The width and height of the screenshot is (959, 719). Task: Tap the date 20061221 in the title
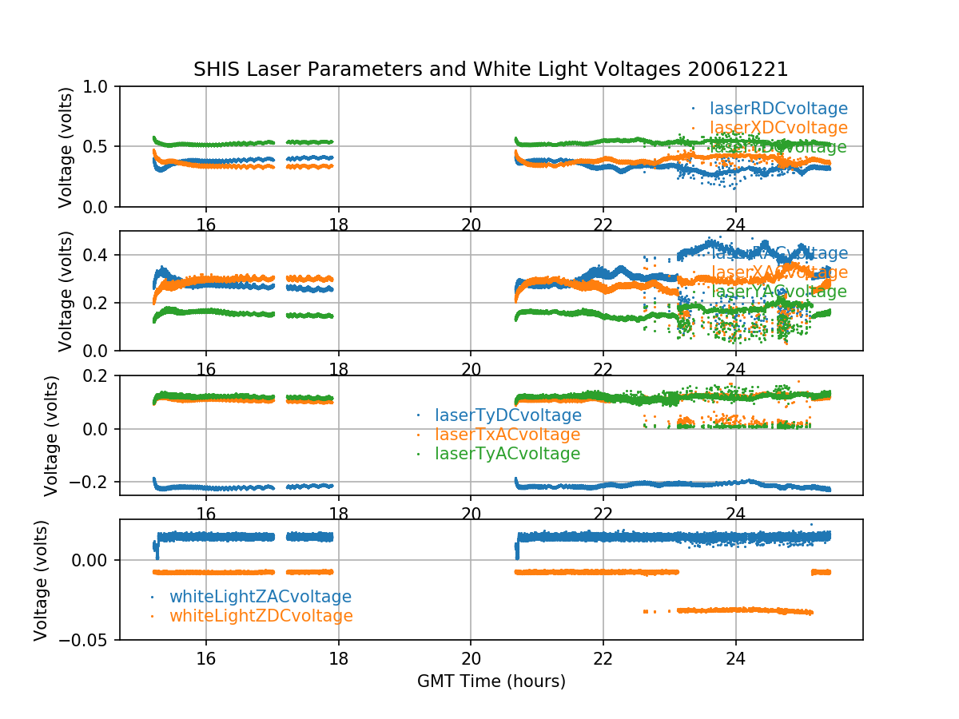(x=748, y=70)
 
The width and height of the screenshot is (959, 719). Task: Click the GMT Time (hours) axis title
(x=491, y=681)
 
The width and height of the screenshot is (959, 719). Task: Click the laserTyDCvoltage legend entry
(x=507, y=415)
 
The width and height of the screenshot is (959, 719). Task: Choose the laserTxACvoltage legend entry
(x=507, y=435)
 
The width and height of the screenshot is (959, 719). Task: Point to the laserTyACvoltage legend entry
(x=507, y=454)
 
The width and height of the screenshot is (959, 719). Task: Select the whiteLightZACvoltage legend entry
(x=260, y=597)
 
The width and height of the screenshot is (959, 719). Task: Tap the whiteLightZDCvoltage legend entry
(x=261, y=616)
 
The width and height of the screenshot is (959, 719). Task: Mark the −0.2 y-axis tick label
(x=93, y=482)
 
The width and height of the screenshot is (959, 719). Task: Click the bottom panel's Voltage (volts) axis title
(x=41, y=579)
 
